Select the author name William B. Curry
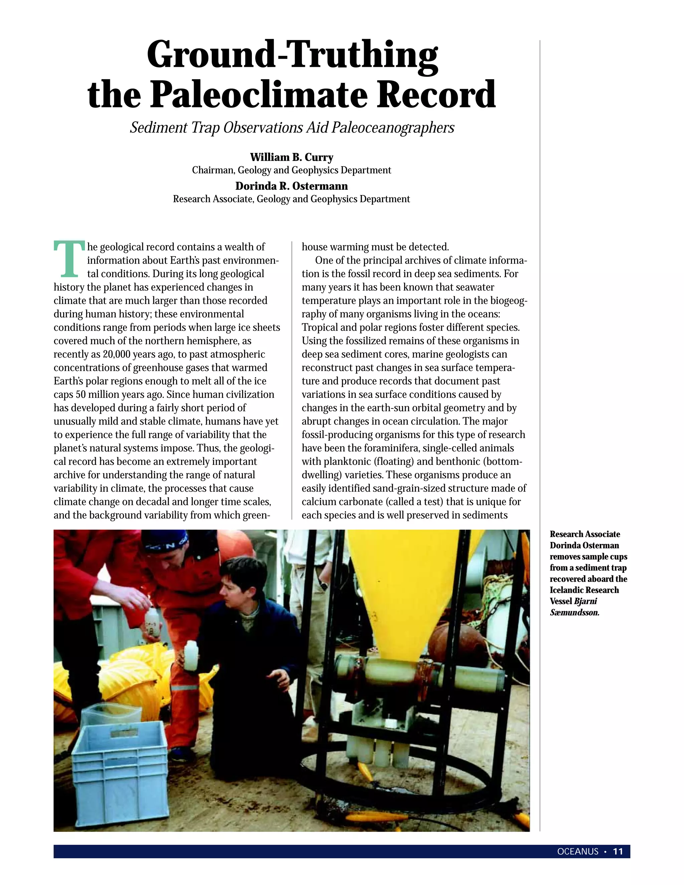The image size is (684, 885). point(291,157)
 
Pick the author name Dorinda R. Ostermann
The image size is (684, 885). point(291,186)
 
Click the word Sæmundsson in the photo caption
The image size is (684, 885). point(574,612)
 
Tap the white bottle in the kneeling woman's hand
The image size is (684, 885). point(191,655)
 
